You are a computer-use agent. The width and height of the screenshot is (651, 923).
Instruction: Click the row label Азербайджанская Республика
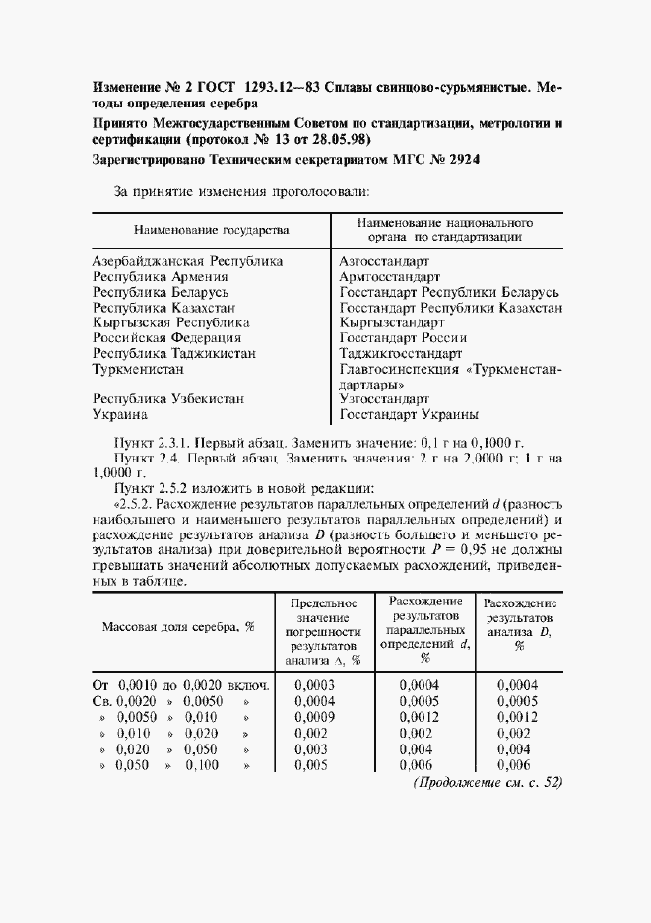188,262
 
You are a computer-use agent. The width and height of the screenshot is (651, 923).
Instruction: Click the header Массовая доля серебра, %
172,626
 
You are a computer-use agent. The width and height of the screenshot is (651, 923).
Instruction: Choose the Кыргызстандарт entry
392,322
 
